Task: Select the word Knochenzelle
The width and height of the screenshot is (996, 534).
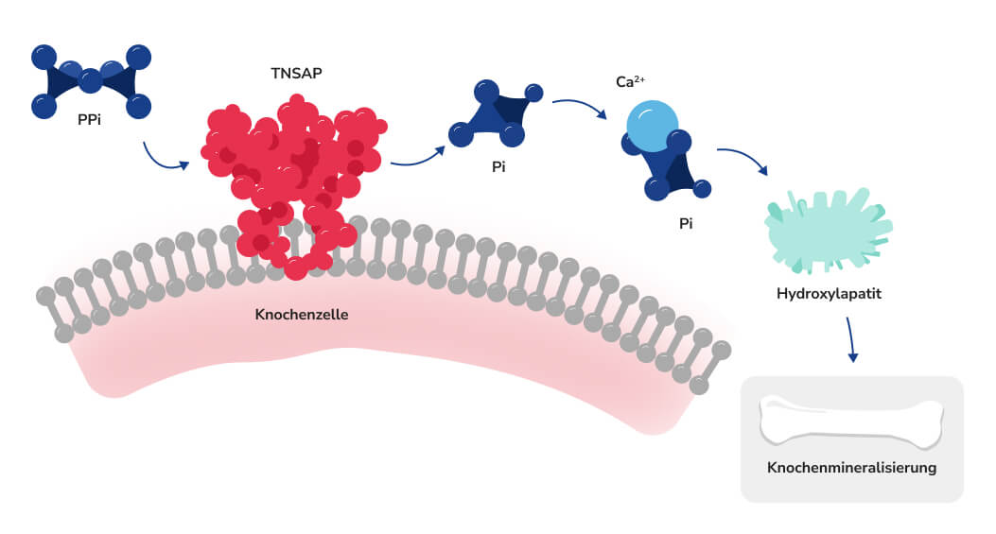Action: tap(302, 314)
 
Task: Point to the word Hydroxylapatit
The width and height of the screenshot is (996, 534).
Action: tap(829, 294)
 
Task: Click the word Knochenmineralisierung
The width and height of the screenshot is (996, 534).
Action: tap(851, 468)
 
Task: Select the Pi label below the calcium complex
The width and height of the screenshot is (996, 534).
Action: tap(687, 224)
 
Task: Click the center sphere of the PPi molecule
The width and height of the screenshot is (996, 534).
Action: tap(91, 81)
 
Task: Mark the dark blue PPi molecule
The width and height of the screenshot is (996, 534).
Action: tap(91, 81)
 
